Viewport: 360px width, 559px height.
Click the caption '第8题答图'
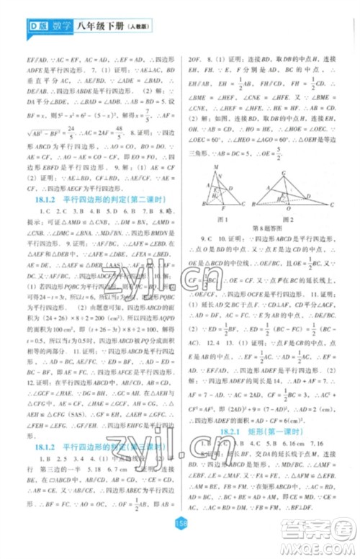pos(253,228)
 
